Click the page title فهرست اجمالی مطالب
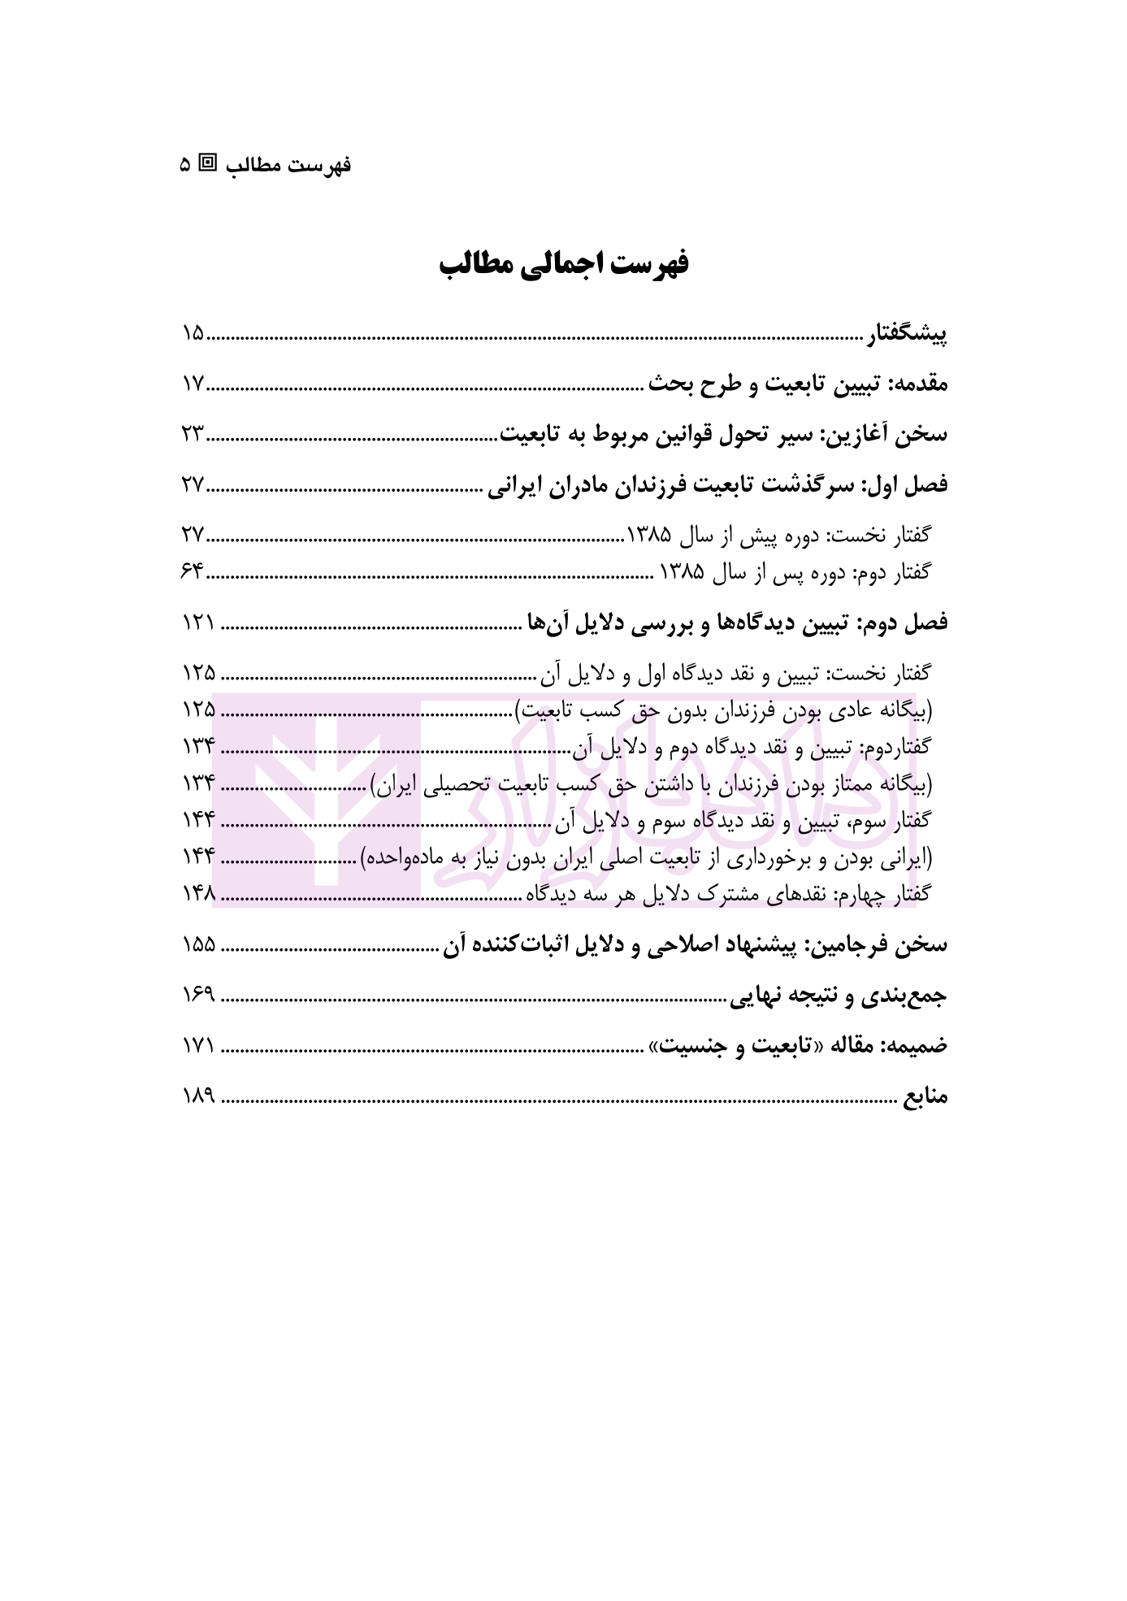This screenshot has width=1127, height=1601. coord(563,265)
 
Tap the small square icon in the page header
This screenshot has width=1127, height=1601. coord(209,163)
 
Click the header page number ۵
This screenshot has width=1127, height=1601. coord(185,165)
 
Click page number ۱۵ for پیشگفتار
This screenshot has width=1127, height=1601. coord(193,333)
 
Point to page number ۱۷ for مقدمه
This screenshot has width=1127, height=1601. coord(193,384)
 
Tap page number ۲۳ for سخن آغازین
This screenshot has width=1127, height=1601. coord(193,434)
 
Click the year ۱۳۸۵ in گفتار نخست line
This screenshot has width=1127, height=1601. coord(649,536)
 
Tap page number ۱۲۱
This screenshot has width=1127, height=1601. coord(197,623)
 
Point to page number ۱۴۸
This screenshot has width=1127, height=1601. coord(198,894)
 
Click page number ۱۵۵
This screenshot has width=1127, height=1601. coord(198,945)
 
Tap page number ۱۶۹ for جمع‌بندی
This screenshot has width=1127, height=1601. coord(198,996)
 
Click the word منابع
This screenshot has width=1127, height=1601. coord(925,1097)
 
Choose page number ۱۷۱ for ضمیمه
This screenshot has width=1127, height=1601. coord(197,1046)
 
